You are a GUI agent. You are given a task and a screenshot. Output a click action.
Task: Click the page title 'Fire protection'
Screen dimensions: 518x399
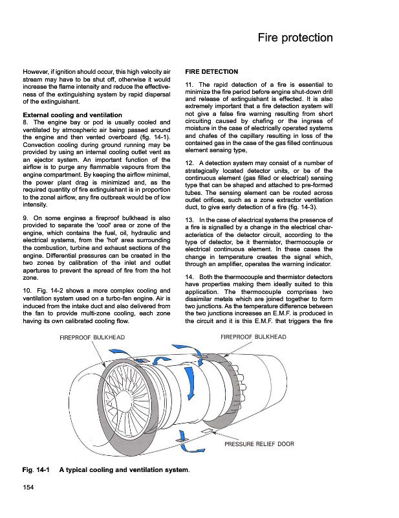pos(295,38)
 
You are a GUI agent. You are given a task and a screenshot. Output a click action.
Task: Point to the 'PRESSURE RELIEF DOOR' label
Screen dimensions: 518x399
pos(259,445)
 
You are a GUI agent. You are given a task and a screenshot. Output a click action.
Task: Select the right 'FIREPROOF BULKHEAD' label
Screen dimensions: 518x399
pos(253,337)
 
